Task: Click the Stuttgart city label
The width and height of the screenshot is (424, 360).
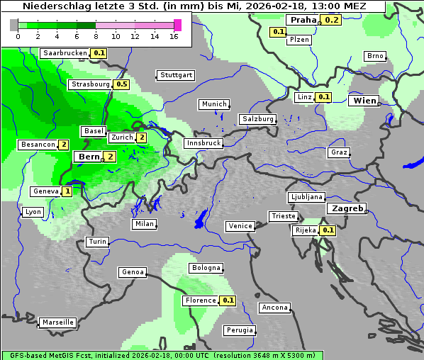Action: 176,75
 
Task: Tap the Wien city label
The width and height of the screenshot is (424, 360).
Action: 365,101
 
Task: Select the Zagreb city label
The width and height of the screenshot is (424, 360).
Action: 347,209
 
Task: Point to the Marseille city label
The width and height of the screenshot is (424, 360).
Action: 58,322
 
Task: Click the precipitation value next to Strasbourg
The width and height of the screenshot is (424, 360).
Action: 121,84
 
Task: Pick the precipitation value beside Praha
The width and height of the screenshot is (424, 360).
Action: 333,20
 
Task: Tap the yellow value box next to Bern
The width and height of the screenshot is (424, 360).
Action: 110,157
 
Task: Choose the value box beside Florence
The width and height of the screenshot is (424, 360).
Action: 228,300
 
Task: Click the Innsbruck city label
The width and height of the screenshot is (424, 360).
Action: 203,143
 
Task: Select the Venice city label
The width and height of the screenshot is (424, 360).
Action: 240,226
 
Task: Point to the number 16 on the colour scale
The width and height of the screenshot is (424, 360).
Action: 174,35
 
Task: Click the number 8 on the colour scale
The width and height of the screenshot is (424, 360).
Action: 96,35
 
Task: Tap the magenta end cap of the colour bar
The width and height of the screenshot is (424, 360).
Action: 177,25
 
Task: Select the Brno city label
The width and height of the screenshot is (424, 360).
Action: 374,56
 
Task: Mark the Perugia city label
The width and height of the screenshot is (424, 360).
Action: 239,330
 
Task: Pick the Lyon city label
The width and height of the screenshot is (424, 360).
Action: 33,212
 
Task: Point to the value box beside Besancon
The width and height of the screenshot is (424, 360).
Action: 64,145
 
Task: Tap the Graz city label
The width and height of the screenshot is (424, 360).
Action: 339,152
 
